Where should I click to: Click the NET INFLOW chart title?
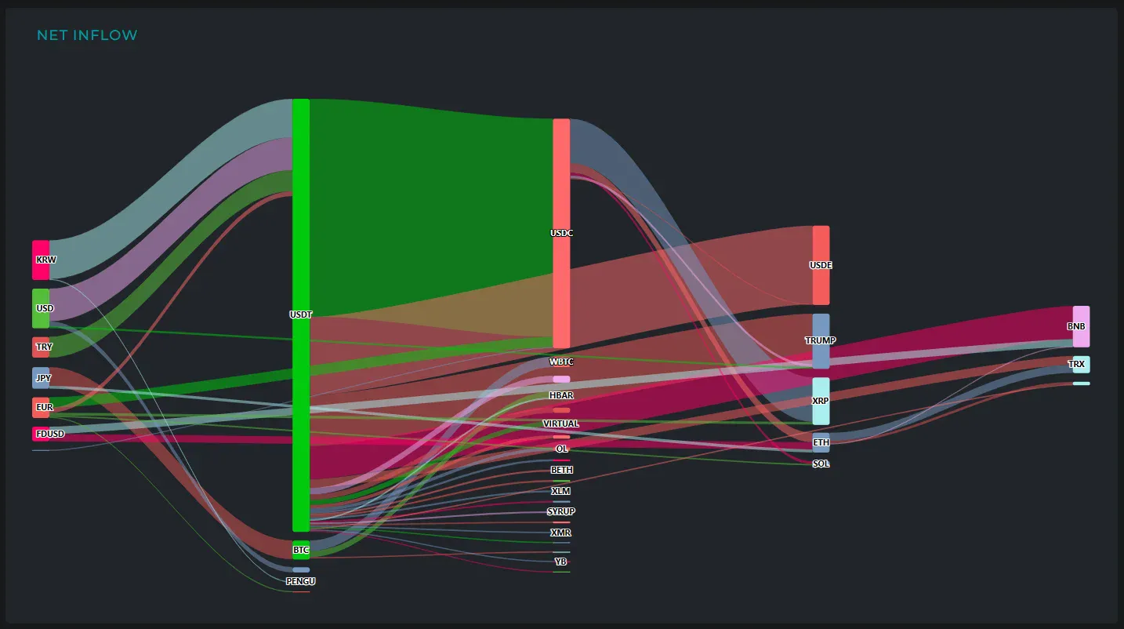[x=87, y=35]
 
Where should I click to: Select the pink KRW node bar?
[x=41, y=260]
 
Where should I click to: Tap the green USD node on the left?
[x=41, y=308]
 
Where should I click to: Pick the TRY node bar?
[x=41, y=347]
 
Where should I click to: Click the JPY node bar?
[x=41, y=378]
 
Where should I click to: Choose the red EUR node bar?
[x=41, y=407]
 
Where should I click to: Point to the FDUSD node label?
[x=50, y=434]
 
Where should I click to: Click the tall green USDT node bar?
[x=301, y=314]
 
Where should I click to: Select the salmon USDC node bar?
[x=561, y=233]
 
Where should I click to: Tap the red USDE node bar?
[x=821, y=265]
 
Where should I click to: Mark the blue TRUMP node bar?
[x=821, y=340]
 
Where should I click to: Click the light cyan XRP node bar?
[x=821, y=400]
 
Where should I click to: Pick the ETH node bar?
[x=821, y=442]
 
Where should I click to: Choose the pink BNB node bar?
[x=1081, y=325]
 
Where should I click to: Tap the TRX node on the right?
[x=1081, y=364]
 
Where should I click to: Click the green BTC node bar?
[x=301, y=550]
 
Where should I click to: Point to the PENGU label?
[x=301, y=581]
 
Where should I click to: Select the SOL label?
[x=821, y=464]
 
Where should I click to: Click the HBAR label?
[x=561, y=395]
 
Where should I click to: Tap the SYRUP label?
[x=561, y=511]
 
